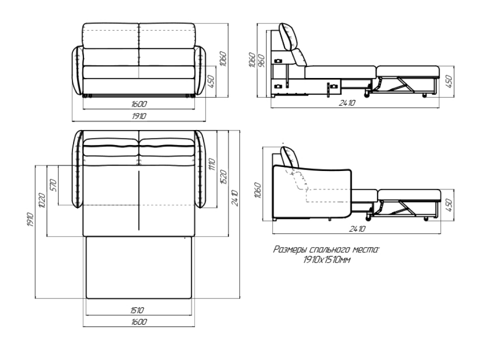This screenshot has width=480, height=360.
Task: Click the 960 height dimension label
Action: click(x=261, y=61)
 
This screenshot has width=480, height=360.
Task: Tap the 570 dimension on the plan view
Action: click(x=53, y=185)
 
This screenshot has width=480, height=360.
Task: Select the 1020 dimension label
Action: click(x=41, y=200)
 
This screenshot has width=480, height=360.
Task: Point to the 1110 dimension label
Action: click(x=212, y=164)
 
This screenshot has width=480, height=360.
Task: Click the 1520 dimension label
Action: click(x=223, y=176)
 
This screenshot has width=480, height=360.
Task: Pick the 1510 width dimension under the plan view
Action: click(x=136, y=310)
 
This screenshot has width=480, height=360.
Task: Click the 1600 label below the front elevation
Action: click(x=139, y=104)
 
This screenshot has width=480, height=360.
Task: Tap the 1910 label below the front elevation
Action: click(x=139, y=116)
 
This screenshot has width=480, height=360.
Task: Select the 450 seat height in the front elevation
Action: click(x=211, y=81)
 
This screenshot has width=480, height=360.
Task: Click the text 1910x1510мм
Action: click(x=326, y=260)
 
